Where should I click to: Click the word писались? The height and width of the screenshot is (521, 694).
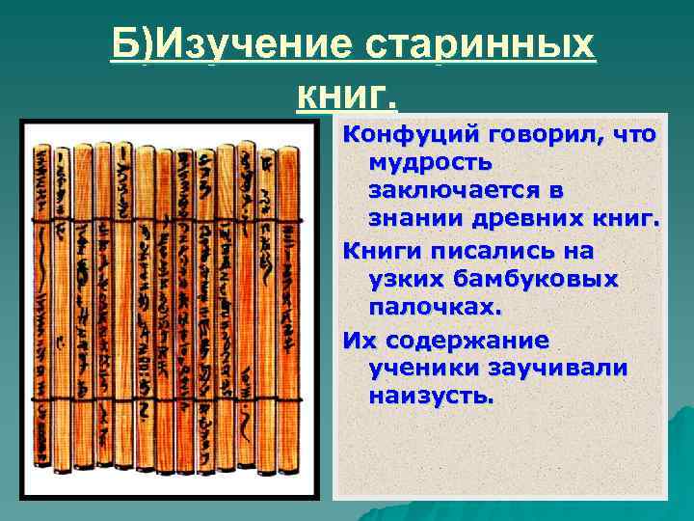point(481,251)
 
